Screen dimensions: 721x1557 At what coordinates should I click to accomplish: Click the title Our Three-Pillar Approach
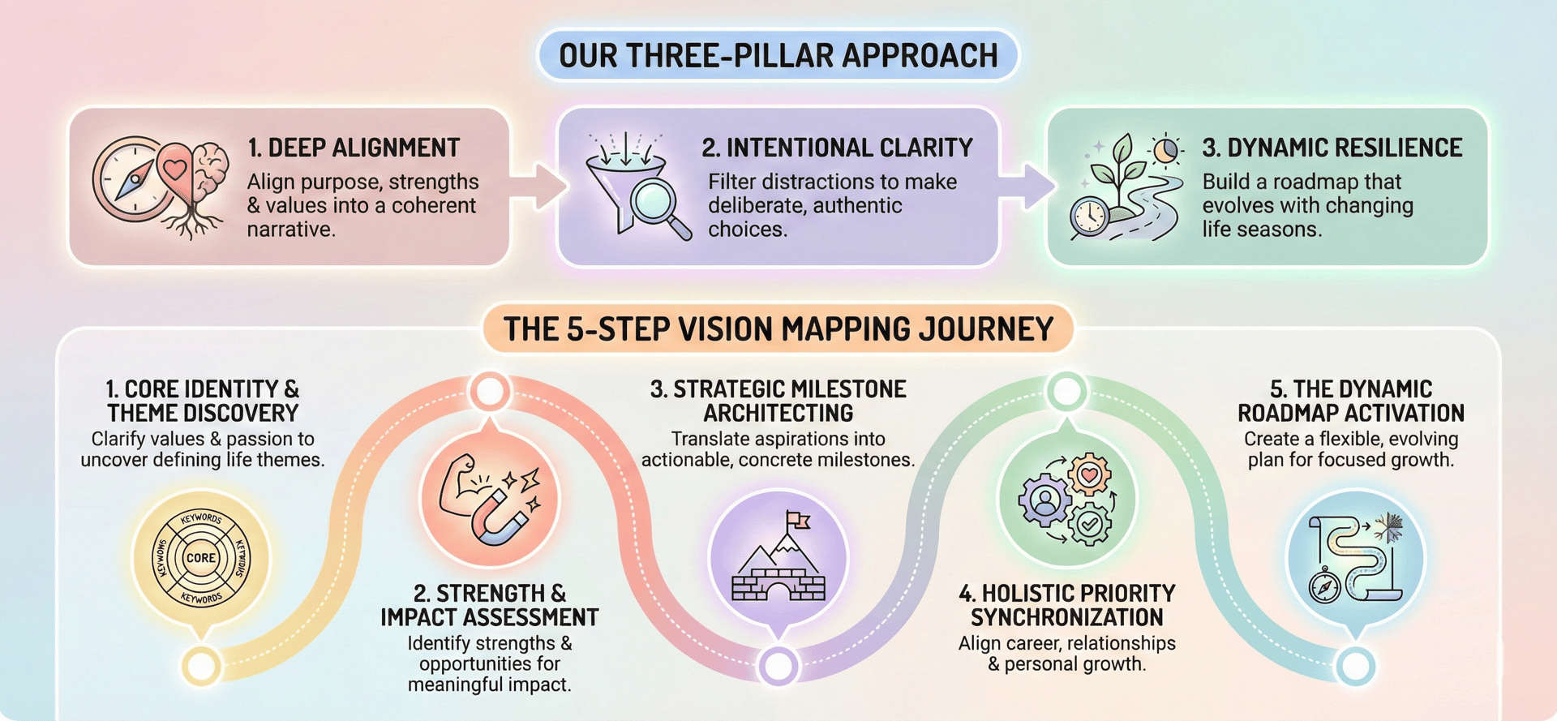point(778,55)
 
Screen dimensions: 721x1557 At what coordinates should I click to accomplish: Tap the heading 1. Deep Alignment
point(354,148)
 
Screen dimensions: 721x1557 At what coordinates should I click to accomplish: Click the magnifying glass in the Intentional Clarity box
point(657,203)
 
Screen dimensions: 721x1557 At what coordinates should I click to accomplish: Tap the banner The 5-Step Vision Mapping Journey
point(778,329)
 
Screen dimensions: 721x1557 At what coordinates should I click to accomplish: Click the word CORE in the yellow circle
point(201,558)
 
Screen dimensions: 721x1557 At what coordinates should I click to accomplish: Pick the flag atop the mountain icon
point(798,520)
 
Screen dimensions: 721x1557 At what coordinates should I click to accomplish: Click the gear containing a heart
point(1088,474)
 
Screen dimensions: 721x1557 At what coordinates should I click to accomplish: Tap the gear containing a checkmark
point(1091,525)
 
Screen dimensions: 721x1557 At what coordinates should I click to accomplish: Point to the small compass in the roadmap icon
point(1325,586)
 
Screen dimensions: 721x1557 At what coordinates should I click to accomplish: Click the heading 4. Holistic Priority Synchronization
point(1066,605)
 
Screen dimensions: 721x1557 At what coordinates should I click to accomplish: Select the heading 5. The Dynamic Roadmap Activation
point(1350,401)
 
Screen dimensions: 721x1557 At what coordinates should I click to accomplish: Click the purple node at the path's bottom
point(778,666)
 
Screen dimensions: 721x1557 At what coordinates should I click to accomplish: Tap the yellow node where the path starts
point(200,666)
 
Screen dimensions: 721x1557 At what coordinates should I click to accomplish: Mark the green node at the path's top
point(1066,392)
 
